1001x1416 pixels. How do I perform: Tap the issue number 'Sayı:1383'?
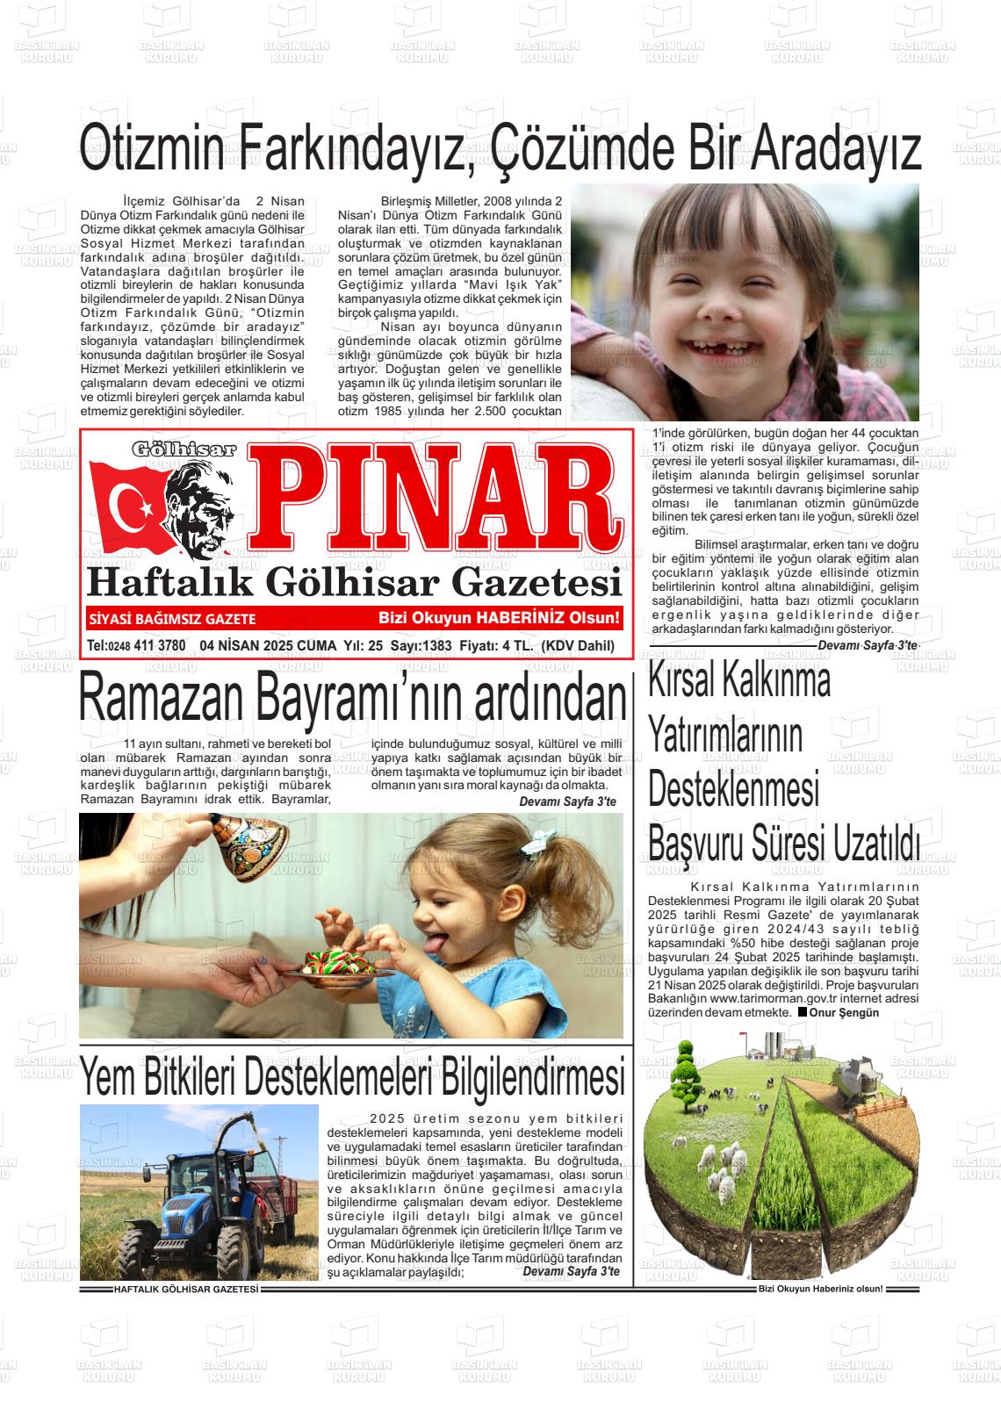[x=421, y=646]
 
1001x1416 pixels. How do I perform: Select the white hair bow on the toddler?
[x=539, y=843]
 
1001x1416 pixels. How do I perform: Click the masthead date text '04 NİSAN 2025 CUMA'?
[x=268, y=646]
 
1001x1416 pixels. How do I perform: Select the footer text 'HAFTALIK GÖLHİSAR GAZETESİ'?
[x=185, y=1290]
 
